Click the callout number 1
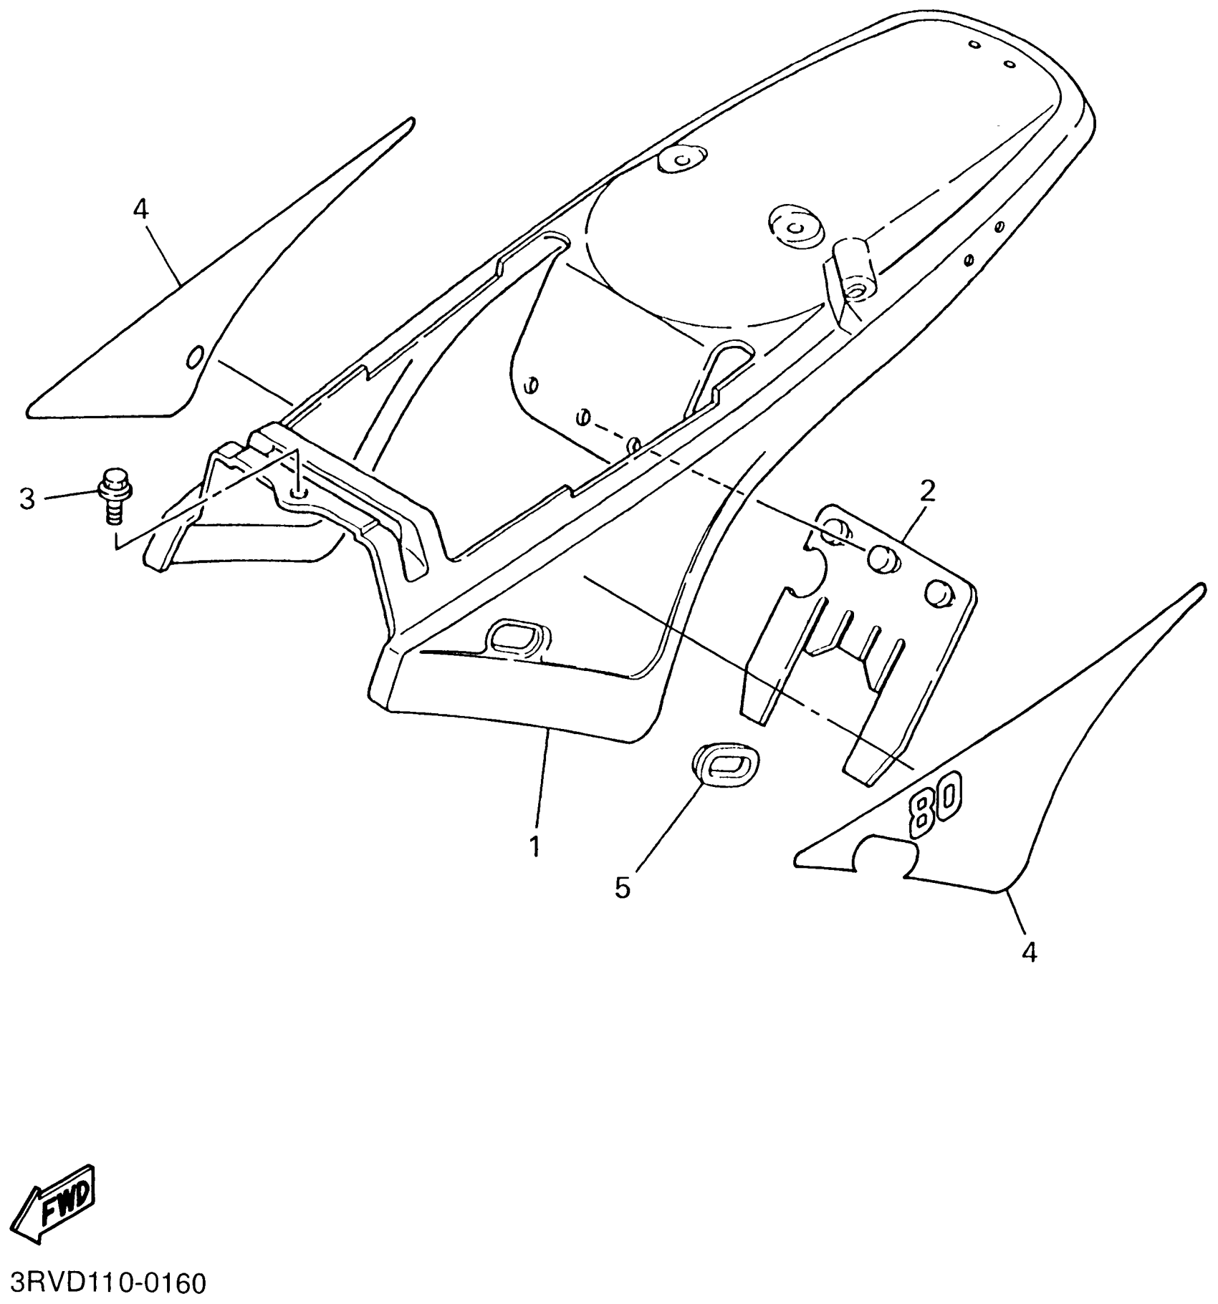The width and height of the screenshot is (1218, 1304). (x=534, y=846)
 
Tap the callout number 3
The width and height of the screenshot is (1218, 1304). (x=27, y=499)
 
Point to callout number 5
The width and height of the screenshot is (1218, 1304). (x=623, y=888)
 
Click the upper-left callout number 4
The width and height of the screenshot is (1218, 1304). (x=140, y=209)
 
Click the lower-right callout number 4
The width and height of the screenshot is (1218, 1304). (x=1029, y=952)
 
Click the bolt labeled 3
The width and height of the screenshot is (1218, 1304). (x=113, y=494)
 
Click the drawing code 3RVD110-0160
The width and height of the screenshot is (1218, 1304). (x=107, y=1283)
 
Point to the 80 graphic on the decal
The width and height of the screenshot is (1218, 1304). (x=935, y=807)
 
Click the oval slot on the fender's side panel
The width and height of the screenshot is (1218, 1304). (x=517, y=635)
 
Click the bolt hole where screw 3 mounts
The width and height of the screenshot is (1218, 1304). (x=299, y=493)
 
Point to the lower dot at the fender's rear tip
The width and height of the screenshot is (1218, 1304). (x=1009, y=64)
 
